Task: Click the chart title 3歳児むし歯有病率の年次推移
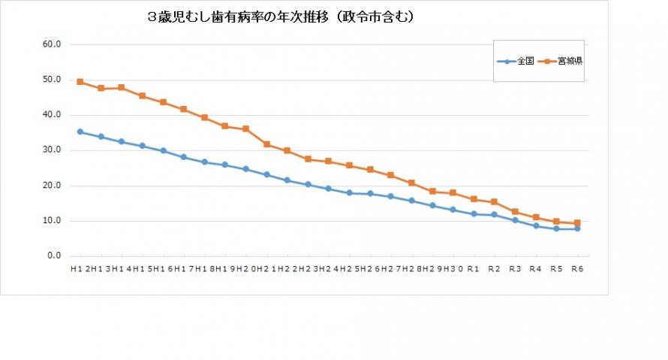[x=281, y=16]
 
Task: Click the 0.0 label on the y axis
[x=54, y=256]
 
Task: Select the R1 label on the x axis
[x=473, y=268]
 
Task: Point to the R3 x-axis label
[x=515, y=268]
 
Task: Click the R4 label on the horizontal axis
[x=535, y=268]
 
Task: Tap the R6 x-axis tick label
[x=577, y=268]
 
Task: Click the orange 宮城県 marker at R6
[x=577, y=223]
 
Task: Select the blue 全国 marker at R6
[x=577, y=228]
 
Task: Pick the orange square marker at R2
[x=494, y=202]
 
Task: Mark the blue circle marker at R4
[x=536, y=225]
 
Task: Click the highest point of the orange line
[x=80, y=82]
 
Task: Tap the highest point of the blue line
[x=80, y=132]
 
